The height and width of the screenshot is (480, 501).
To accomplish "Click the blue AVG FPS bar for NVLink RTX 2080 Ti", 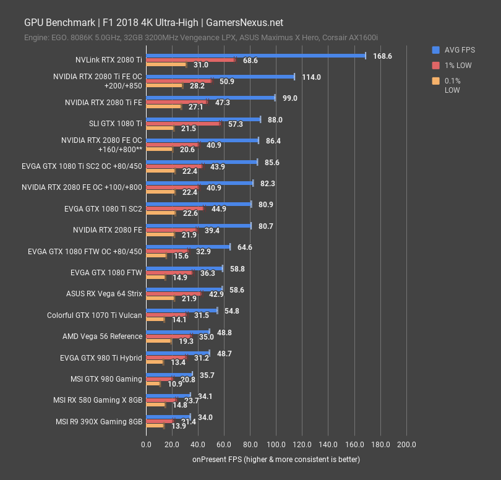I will [255, 56].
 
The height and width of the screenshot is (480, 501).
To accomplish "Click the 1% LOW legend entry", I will [456, 65].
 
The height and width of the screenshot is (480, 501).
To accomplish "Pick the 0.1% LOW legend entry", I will [453, 85].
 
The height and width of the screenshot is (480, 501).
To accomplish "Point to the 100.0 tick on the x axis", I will [276, 444].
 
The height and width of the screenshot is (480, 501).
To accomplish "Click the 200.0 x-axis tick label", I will [406, 444].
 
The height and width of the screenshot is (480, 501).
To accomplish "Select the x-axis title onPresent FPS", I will [276, 460].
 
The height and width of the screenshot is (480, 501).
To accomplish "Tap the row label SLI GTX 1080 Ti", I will [116, 124].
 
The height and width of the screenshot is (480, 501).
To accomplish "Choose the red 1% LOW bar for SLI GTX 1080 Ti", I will [183, 124].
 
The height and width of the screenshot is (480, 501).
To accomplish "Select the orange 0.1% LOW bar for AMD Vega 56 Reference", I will [158, 341].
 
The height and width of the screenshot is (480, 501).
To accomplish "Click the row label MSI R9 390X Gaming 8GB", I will [99, 422].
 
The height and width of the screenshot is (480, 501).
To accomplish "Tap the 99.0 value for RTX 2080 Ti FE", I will [291, 98].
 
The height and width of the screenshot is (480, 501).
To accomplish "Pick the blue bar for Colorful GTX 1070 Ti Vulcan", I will [181, 311].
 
